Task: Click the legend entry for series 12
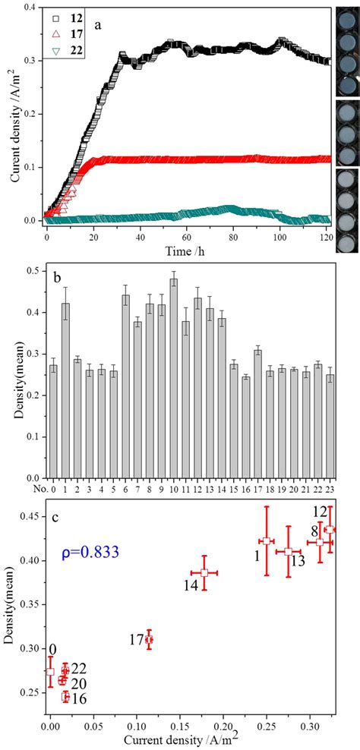pyautogui.click(x=67, y=17)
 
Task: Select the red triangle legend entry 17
pyautogui.click(x=67, y=33)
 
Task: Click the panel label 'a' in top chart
pyautogui.click(x=99, y=24)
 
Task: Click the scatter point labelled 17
pyautogui.click(x=149, y=639)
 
